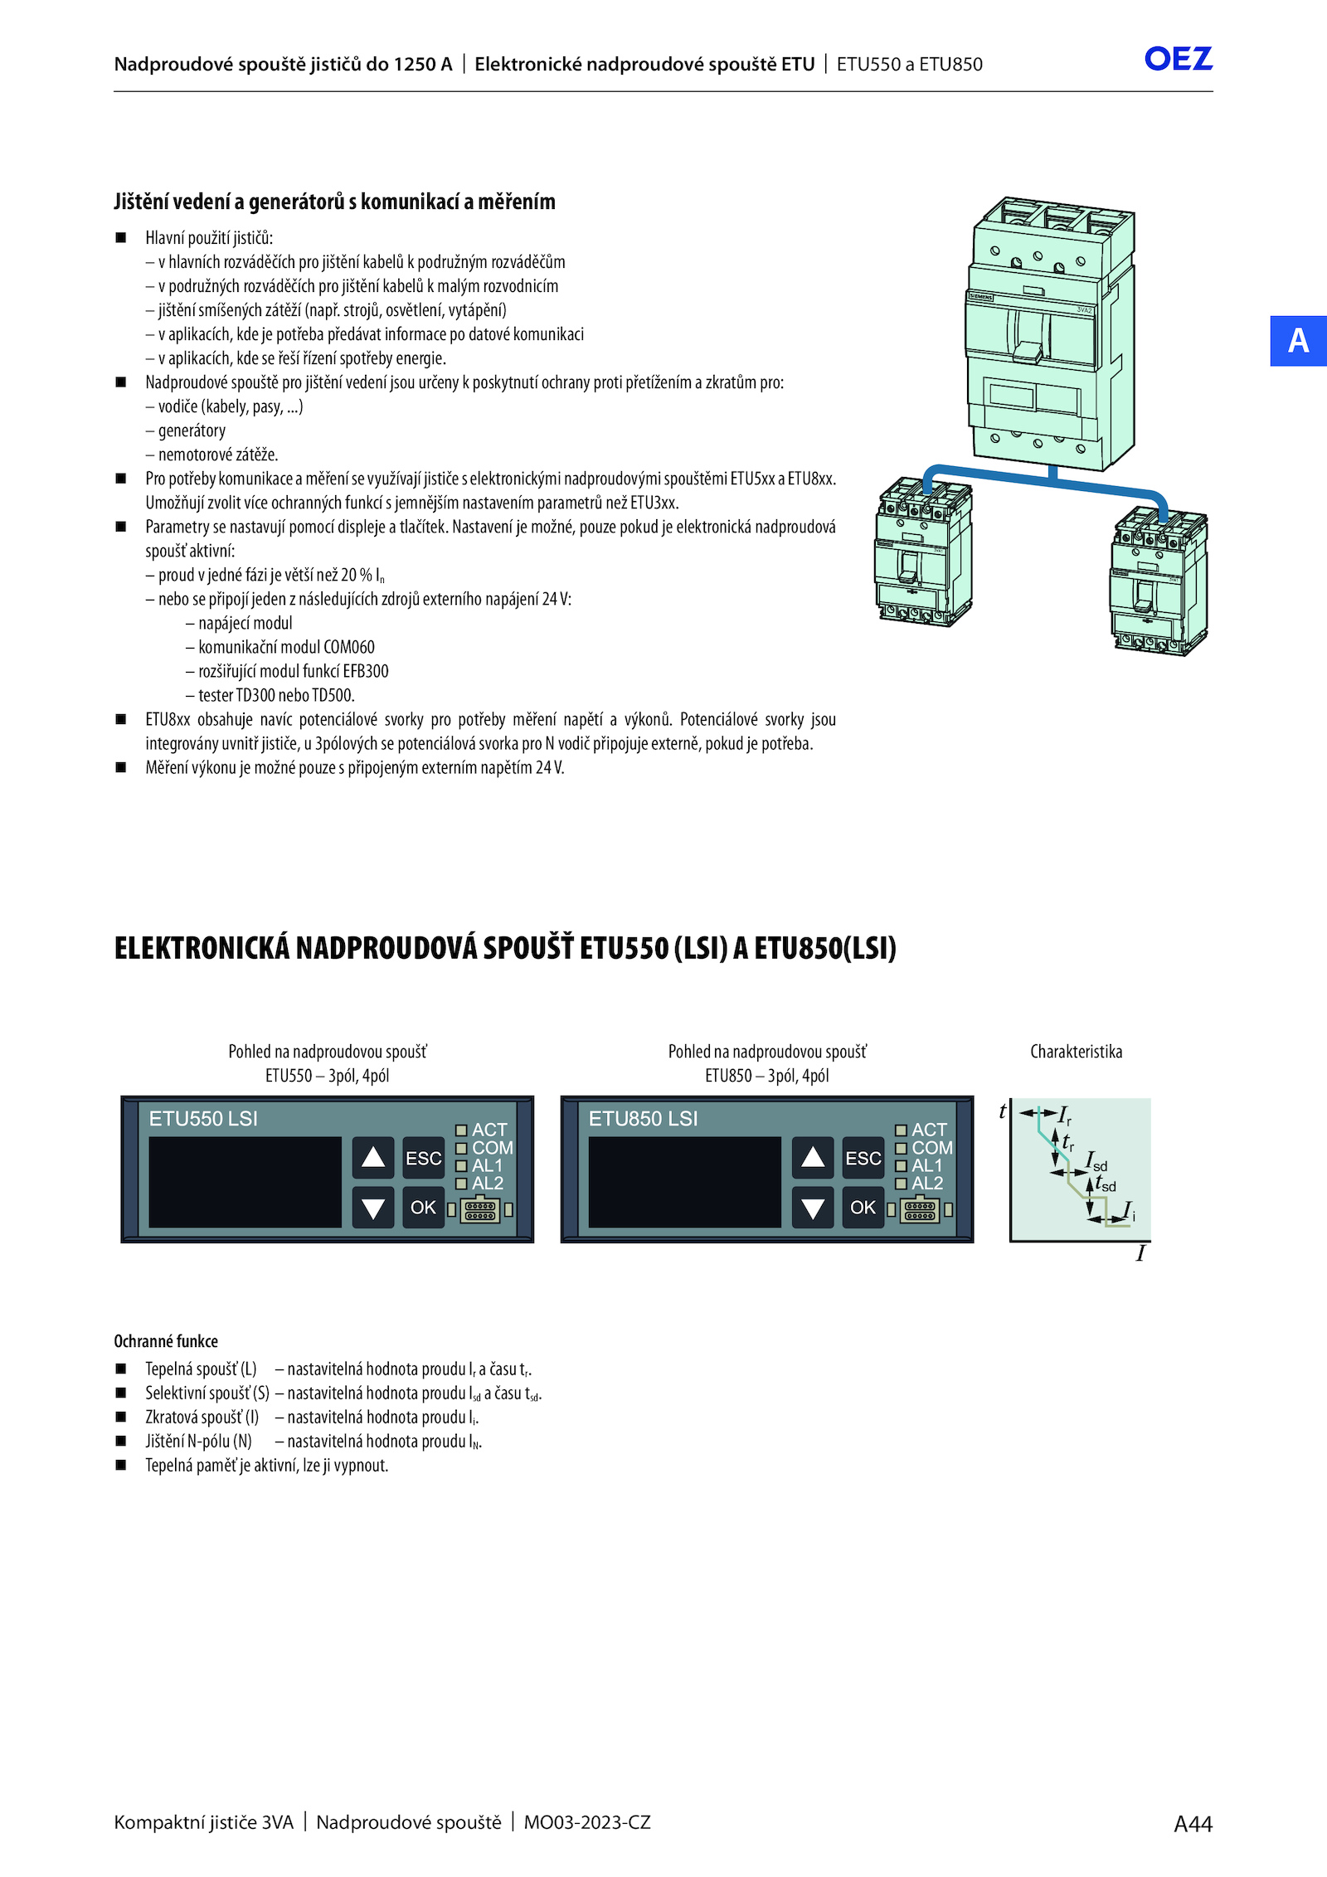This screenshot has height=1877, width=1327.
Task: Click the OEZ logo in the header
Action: coord(1178,59)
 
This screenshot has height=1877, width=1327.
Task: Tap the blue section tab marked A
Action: coord(1298,341)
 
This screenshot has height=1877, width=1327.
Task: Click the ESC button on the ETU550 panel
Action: coord(423,1158)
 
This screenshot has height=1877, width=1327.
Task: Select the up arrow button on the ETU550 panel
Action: coord(373,1157)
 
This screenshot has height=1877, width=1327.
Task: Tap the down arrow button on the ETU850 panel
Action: coord(813,1208)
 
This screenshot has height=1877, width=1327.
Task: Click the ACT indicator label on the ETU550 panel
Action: coord(489,1130)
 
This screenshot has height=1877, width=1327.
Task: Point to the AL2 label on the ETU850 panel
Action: coord(927,1184)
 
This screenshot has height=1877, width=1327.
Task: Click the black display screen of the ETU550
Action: coord(245,1181)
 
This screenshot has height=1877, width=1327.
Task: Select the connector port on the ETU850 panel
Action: coord(920,1211)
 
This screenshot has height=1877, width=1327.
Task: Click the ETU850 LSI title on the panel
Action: coord(643,1119)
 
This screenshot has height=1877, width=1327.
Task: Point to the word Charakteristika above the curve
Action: coord(1076,1052)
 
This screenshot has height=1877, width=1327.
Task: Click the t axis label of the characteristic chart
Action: coord(1003,1111)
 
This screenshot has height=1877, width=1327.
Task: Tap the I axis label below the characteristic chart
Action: coord(1140,1253)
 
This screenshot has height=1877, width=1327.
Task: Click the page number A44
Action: coord(1193,1823)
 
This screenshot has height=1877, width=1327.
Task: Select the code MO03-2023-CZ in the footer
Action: coord(587,1822)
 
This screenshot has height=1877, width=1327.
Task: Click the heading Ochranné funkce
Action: coord(166,1341)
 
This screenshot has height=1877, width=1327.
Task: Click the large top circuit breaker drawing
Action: coord(1049,332)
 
